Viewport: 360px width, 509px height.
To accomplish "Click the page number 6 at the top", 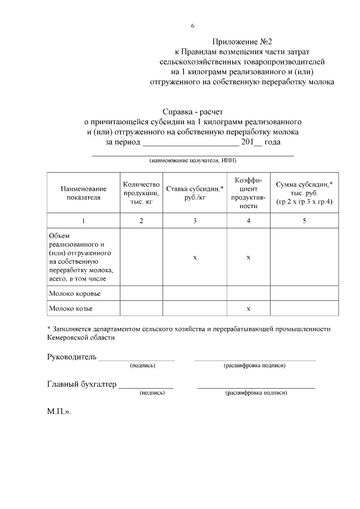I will click(x=193, y=26).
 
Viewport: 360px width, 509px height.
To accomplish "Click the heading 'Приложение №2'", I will click(x=242, y=42).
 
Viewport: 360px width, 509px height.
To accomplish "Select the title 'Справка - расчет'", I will click(x=193, y=112).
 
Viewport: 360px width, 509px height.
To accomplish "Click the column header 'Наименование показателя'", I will click(x=83, y=193).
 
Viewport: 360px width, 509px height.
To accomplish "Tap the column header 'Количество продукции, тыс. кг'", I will click(x=141, y=193).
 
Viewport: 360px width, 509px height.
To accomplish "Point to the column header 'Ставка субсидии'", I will click(x=195, y=193).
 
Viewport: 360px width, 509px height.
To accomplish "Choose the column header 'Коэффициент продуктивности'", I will click(x=248, y=193).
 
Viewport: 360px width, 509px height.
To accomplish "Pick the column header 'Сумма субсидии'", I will click(x=304, y=193).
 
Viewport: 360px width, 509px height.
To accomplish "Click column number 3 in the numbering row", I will click(x=195, y=221).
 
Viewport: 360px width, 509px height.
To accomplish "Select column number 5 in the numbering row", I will click(x=304, y=221).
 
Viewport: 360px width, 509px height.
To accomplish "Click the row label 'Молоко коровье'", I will click(x=76, y=294).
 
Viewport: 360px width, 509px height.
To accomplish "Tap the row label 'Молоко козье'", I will click(x=71, y=309).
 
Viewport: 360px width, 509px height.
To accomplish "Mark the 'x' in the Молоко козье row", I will click(x=248, y=309).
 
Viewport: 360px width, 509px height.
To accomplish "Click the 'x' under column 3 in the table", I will click(x=195, y=257).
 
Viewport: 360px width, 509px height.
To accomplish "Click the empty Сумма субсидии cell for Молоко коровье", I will click(x=304, y=294).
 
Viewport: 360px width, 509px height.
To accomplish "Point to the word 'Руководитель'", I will click(x=72, y=357).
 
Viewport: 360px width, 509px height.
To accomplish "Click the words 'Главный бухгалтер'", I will click(x=82, y=384).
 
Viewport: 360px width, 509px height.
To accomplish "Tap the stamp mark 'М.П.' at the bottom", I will click(x=58, y=411).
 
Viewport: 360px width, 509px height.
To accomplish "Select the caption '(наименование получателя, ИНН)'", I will click(x=193, y=161).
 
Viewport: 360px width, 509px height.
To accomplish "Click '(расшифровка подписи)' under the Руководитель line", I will click(x=254, y=366).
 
